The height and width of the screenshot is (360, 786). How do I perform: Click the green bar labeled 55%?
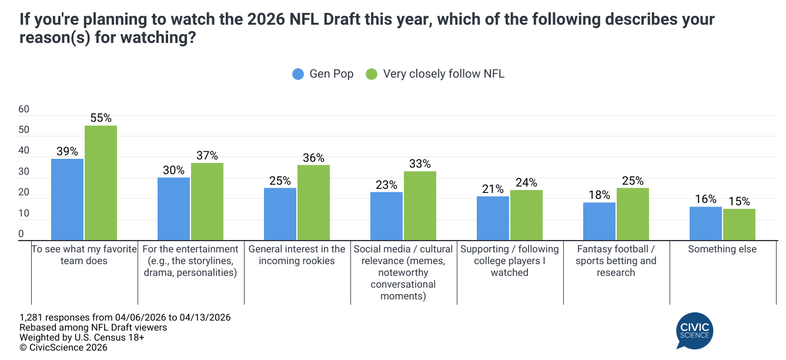(x=101, y=183)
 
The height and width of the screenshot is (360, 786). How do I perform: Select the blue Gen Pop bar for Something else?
(x=705, y=224)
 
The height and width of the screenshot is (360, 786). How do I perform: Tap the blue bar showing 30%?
(x=173, y=209)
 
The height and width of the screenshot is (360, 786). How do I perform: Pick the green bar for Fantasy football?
(x=633, y=214)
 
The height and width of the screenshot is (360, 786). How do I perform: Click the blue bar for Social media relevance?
(x=386, y=216)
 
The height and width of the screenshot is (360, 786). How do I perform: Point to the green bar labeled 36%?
(x=313, y=203)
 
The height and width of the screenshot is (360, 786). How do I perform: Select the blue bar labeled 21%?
(x=493, y=218)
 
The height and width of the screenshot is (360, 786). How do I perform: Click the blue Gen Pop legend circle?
(x=299, y=74)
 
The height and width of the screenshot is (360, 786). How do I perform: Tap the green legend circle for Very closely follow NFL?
(x=372, y=74)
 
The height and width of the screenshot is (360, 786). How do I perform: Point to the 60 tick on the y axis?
(x=24, y=109)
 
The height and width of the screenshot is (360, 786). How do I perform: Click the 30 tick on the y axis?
(x=24, y=172)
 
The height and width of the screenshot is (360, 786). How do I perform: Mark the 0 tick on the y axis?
(x=21, y=234)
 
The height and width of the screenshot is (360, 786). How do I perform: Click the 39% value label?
(x=67, y=151)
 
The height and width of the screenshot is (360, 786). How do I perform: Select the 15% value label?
(x=739, y=201)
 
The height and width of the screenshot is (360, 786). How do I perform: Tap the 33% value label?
(x=420, y=164)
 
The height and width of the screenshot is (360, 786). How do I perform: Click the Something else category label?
(x=722, y=249)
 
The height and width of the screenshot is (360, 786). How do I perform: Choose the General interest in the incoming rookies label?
(x=297, y=255)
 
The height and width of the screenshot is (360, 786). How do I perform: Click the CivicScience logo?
(x=694, y=331)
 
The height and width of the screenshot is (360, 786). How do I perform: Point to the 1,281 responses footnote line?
(x=125, y=317)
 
